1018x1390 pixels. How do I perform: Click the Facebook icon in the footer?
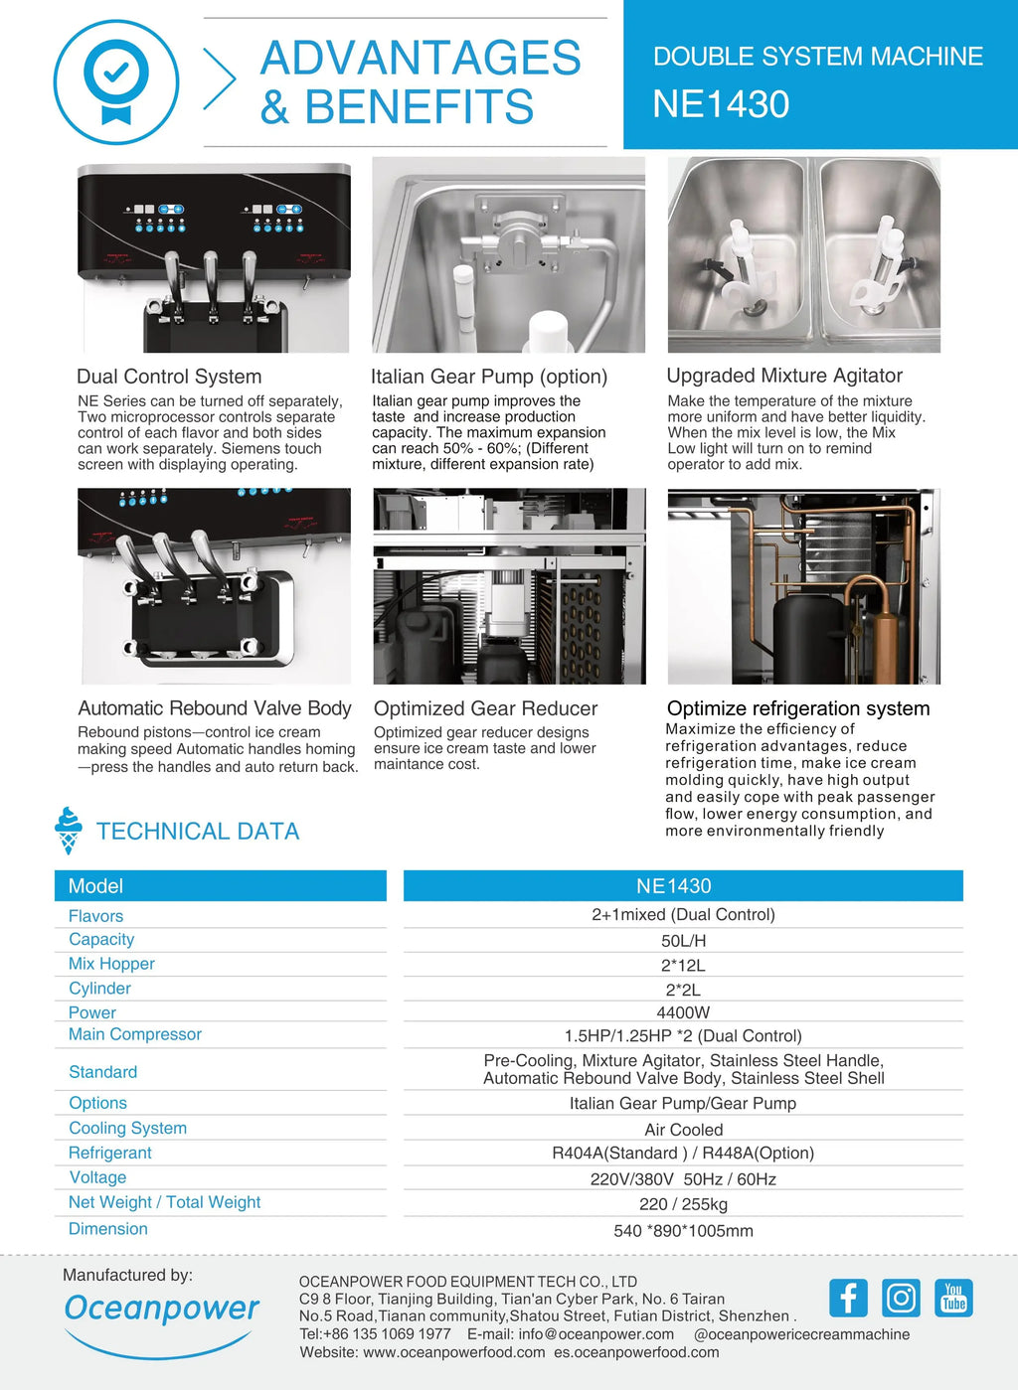pyautogui.click(x=848, y=1298)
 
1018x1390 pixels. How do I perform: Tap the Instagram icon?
pyautogui.click(x=901, y=1298)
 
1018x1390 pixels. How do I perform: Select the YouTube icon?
pyautogui.click(x=953, y=1298)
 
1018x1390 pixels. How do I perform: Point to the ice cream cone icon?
pyautogui.click(x=69, y=831)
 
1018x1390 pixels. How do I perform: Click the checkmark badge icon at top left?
pyautogui.click(x=116, y=82)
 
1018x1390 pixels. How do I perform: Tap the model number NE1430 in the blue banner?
pyautogui.click(x=721, y=104)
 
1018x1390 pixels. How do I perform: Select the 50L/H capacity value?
pyautogui.click(x=683, y=941)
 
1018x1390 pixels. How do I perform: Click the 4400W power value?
pyautogui.click(x=683, y=1012)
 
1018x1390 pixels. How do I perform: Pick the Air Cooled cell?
pyautogui.click(x=683, y=1130)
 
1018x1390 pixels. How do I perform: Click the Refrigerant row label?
pyautogui.click(x=110, y=1153)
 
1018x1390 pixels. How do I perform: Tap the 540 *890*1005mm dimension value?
pyautogui.click(x=683, y=1231)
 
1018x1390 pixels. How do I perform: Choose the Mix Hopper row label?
pyautogui.click(x=111, y=964)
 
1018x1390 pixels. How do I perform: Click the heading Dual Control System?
pyautogui.click(x=169, y=377)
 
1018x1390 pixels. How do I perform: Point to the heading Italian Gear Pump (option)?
pyautogui.click(x=488, y=377)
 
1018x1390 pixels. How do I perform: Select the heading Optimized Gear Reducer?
pyautogui.click(x=485, y=708)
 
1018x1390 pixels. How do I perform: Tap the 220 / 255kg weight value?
pyautogui.click(x=683, y=1204)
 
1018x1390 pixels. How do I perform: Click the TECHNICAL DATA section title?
pyautogui.click(x=198, y=832)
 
